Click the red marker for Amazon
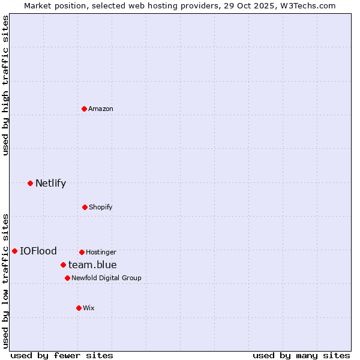point(84,109)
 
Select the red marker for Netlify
point(30,183)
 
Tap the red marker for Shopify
point(85,207)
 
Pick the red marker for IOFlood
point(14,251)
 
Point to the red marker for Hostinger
point(82,252)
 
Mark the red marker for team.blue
point(63,265)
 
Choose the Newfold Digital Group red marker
point(67,278)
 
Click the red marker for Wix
point(79,308)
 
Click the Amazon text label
point(101,109)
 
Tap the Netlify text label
point(50,183)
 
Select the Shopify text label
point(101,207)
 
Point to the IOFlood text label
point(38,251)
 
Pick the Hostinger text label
point(101,252)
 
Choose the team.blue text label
point(92,265)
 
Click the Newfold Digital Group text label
point(106,278)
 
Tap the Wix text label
point(89,308)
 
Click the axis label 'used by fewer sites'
point(62,355)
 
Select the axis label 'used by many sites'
point(301,355)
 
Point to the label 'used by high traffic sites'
point(5,85)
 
